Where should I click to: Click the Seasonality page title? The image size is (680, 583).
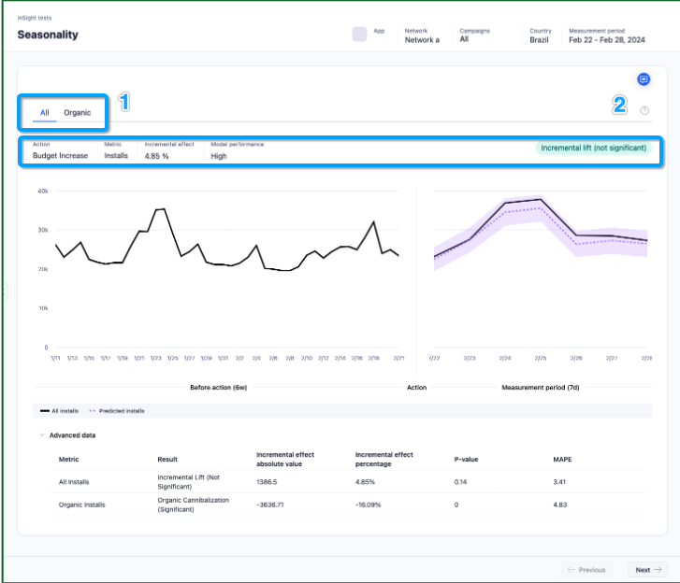coord(48,36)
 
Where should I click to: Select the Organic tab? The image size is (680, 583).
coord(78,113)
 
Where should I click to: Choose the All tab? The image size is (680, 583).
coord(44,113)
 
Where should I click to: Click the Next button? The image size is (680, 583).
coord(646,570)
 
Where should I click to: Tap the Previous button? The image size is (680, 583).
coord(586,570)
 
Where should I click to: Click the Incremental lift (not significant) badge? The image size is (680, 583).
coord(593,148)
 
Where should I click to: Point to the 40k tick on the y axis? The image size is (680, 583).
coord(42,191)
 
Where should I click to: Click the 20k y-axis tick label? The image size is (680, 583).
coord(42,269)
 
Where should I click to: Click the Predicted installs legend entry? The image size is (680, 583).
coord(118,410)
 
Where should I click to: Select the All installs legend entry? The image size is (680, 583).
coord(61,410)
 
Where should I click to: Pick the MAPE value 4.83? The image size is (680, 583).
coord(561,505)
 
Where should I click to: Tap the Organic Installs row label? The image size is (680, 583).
coord(82,505)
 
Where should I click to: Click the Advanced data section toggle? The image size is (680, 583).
coord(67,435)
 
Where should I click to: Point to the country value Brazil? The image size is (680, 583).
coord(540,40)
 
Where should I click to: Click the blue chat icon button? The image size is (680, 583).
coord(644,79)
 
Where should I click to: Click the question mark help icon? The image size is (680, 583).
coord(644,110)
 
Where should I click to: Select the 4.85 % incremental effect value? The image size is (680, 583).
coord(156,156)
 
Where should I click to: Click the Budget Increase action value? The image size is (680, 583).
coord(60,156)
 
